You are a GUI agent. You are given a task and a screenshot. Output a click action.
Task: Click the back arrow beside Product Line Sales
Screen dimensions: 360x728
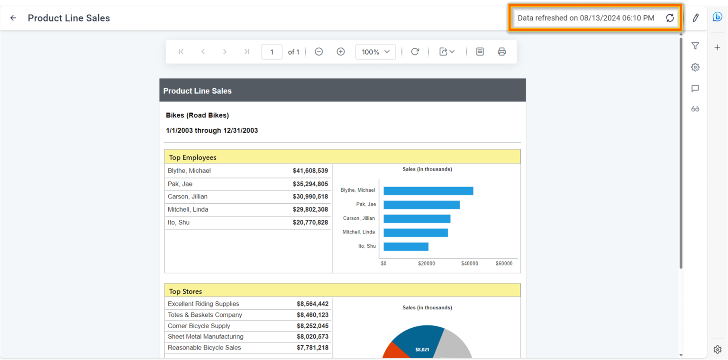click(x=13, y=18)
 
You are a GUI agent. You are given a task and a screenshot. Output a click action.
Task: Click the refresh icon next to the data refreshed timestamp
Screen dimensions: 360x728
click(x=670, y=18)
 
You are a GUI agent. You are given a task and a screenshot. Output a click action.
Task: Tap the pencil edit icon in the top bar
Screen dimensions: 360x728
click(x=695, y=18)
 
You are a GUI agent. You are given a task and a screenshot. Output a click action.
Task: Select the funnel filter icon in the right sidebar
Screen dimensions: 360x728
click(x=695, y=46)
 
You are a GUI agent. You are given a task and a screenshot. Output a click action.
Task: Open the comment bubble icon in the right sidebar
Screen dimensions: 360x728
click(x=695, y=88)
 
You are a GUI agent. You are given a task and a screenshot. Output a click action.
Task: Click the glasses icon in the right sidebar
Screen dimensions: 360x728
click(x=695, y=109)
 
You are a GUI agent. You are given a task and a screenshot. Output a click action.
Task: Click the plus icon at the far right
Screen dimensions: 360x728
click(x=718, y=47)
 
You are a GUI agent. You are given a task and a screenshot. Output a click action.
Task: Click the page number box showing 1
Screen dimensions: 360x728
click(x=272, y=52)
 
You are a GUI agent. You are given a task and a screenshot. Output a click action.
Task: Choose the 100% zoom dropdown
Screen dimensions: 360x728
click(x=375, y=52)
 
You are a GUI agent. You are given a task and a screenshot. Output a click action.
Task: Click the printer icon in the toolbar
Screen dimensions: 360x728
click(x=502, y=52)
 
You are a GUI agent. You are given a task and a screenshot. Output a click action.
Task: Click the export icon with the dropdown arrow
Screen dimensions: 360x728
click(x=447, y=52)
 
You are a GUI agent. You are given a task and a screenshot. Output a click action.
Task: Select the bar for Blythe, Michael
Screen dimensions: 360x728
click(x=428, y=191)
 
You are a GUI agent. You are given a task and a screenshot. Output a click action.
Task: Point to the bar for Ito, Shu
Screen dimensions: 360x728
click(x=406, y=247)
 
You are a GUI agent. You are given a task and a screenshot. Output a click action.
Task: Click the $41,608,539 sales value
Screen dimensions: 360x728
click(x=310, y=171)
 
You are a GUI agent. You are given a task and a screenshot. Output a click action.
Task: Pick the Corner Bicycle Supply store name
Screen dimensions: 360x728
click(x=199, y=326)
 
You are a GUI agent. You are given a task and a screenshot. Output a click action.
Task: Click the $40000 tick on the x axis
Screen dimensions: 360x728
click(x=469, y=263)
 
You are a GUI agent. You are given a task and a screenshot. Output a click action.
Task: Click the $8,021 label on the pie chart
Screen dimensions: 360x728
click(x=422, y=350)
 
